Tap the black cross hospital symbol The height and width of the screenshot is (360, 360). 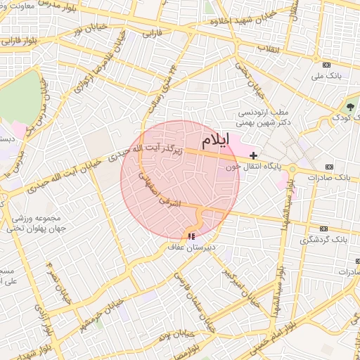(x=253, y=155)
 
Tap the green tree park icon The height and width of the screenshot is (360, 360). (x=349, y=107)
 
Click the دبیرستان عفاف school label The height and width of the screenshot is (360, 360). (x=191, y=247)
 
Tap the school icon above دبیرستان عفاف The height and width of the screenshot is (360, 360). (x=191, y=237)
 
